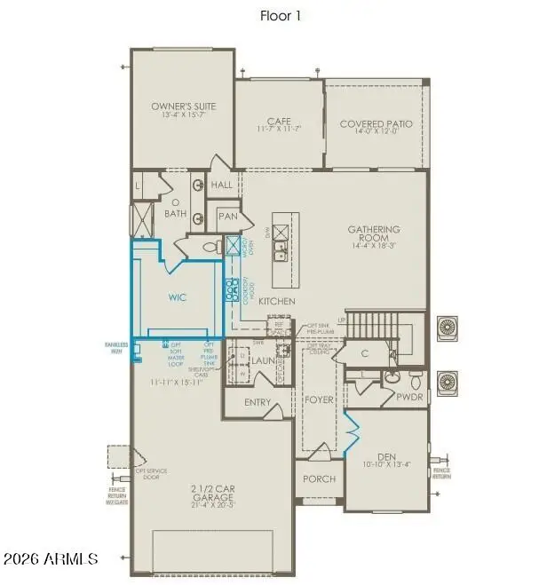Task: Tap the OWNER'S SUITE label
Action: (x=184, y=107)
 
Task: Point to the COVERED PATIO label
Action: (x=376, y=124)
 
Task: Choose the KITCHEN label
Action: (x=276, y=302)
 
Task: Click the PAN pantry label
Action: (x=227, y=216)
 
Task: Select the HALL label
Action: (x=222, y=185)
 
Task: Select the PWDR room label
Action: (x=409, y=399)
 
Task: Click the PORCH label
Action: (x=318, y=478)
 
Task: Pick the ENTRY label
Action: (x=258, y=402)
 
